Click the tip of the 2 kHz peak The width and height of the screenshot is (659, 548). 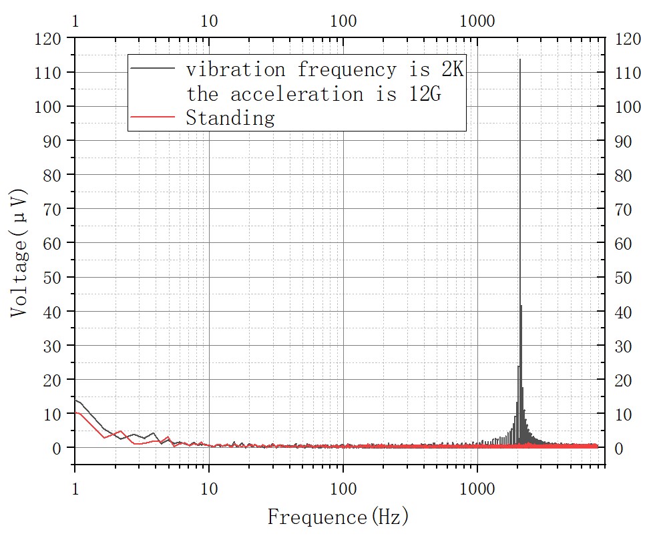point(519,59)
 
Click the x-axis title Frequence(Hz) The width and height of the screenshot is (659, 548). point(338,517)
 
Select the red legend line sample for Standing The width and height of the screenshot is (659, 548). point(153,117)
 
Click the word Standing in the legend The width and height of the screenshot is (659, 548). point(230,118)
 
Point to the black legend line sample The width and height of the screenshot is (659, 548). point(153,68)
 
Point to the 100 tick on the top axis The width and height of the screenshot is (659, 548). point(343,21)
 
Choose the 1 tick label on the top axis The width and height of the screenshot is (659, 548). point(75,21)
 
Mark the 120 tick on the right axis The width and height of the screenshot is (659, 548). point(627,39)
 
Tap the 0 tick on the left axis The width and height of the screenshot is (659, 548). point(58,448)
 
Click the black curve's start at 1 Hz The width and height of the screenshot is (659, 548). point(75,400)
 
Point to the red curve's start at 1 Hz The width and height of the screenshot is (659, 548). point(75,412)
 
